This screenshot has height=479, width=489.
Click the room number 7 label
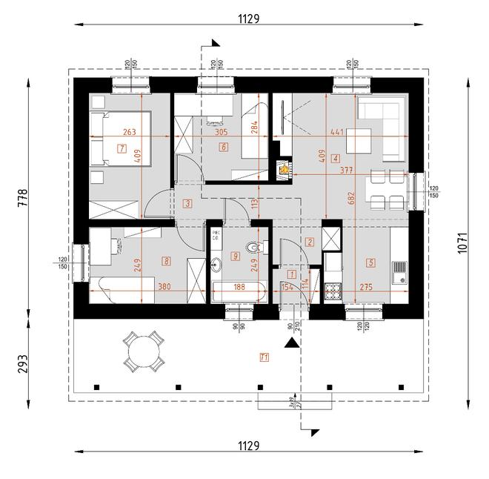tap(122, 148)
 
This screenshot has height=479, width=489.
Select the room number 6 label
tap(223, 147)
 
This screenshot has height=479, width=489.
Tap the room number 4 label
tap(336, 158)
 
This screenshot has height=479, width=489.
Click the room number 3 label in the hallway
tap(188, 203)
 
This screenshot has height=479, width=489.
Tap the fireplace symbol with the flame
tap(282, 169)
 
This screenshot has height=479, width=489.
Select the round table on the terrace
tap(143, 351)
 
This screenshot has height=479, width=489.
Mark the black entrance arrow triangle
tap(293, 343)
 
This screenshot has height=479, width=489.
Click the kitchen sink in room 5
tap(399, 272)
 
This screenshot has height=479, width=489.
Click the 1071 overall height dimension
tap(463, 244)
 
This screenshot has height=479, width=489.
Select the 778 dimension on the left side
tap(23, 196)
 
